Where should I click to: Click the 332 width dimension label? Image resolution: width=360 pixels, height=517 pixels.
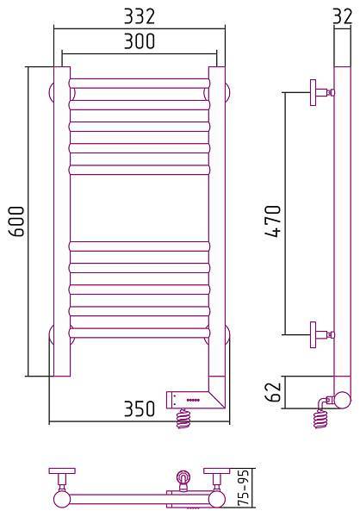(x=140, y=16)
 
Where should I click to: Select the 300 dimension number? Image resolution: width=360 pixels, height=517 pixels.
(x=140, y=40)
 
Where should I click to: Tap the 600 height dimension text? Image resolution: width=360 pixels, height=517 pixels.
(x=16, y=221)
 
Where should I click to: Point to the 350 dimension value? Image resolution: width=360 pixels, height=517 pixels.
(x=140, y=408)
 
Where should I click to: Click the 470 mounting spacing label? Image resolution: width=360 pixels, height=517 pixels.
(x=273, y=221)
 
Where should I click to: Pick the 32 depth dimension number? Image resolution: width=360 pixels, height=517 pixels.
(x=343, y=16)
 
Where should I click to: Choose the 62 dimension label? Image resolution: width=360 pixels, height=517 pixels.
(x=273, y=392)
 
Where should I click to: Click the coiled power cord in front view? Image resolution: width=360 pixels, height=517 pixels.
(x=183, y=418)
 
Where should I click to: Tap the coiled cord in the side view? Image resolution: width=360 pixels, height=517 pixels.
(x=320, y=418)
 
